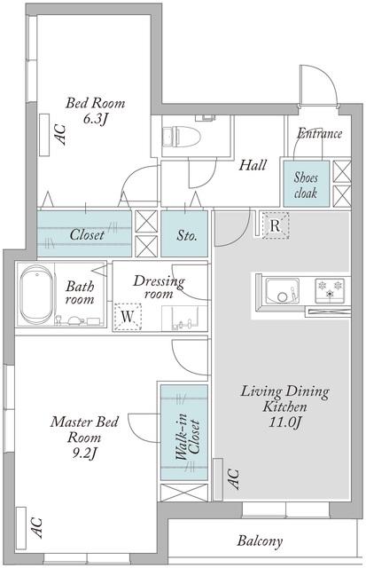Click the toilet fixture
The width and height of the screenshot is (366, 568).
(181, 137)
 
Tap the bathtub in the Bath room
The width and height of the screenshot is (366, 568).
(36, 295)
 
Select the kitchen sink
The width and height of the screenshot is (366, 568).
(283, 291)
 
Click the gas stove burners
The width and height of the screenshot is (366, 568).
(330, 290)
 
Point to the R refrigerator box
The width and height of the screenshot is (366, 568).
(276, 225)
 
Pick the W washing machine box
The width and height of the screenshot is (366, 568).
(128, 317)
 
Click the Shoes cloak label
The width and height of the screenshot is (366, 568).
(306, 185)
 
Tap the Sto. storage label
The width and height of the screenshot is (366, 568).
(187, 236)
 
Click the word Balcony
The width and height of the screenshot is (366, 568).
(260, 541)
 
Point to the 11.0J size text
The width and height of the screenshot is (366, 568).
(285, 422)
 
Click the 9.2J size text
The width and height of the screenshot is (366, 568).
(84, 453)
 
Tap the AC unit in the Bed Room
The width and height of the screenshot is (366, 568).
(44, 135)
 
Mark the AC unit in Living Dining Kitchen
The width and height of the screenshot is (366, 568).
(218, 479)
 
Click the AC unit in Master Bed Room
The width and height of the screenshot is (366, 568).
(21, 527)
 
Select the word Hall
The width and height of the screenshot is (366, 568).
(253, 165)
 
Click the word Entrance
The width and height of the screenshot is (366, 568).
(319, 133)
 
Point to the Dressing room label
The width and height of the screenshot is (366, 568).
(159, 287)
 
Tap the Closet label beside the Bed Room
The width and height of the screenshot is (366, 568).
(87, 234)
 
